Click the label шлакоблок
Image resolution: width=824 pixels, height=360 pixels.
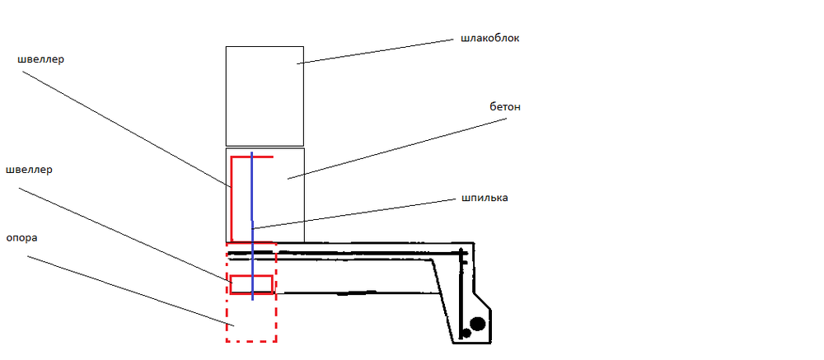490,39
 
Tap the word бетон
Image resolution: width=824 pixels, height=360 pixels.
504,107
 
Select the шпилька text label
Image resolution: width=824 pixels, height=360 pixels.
484,199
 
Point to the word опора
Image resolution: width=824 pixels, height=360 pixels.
21,238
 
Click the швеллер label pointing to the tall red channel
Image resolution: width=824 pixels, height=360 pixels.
40,59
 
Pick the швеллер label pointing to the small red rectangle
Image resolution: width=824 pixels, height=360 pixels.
29,170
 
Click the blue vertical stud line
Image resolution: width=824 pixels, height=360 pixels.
252,226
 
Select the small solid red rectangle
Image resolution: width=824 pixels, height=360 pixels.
251,276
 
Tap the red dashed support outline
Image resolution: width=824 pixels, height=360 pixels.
226,292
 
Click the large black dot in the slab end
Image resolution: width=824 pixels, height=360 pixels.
477,324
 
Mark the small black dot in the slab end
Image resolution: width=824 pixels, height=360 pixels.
465,333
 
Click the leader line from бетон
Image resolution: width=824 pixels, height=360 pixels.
397,149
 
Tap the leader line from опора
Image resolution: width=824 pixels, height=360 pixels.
130,291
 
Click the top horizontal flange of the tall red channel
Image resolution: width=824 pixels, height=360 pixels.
252,157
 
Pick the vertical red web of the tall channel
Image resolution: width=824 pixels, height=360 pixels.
232,199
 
